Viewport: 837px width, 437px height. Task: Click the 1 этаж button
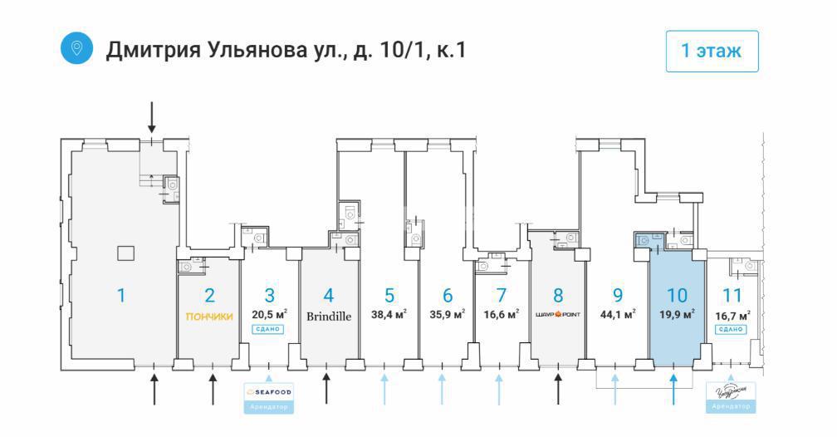(x=712, y=51)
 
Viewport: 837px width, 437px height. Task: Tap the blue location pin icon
(x=77, y=48)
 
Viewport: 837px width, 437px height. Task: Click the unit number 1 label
(x=121, y=295)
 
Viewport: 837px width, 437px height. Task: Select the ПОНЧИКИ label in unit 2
(x=209, y=316)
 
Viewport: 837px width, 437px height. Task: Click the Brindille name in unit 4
(x=329, y=316)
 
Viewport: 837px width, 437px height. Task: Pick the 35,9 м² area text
(x=448, y=315)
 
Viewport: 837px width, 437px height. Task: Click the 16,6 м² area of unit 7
(x=501, y=315)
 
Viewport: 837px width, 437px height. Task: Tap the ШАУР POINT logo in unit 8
(x=558, y=315)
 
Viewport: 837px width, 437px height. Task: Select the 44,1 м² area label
(x=618, y=315)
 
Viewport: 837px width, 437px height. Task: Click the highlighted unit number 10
(x=677, y=295)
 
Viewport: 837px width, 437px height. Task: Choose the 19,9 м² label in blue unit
(x=677, y=315)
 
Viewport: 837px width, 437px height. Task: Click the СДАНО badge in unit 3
(x=269, y=329)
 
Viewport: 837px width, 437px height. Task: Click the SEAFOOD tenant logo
(x=269, y=391)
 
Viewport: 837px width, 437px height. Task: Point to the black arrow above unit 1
(x=151, y=117)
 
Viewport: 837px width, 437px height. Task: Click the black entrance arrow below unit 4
(x=327, y=389)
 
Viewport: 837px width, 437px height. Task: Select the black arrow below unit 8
(x=558, y=389)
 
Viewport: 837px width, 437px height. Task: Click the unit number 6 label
(x=448, y=295)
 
